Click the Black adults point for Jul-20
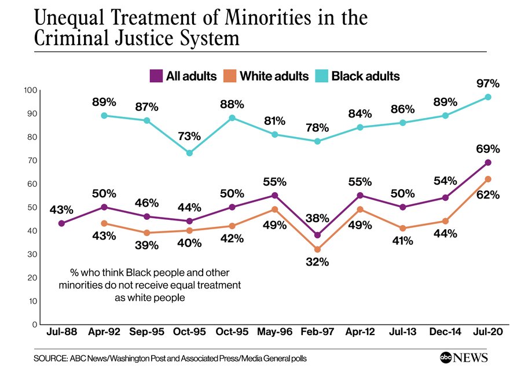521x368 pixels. click(x=488, y=97)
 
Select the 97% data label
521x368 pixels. click(x=488, y=83)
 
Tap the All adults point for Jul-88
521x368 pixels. click(x=62, y=223)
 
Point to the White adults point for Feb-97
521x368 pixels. click(x=317, y=249)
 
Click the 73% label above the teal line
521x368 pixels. click(x=189, y=137)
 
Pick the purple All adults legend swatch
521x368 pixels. click(x=156, y=76)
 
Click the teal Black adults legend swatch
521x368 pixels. click(x=321, y=76)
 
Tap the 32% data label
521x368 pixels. click(x=317, y=262)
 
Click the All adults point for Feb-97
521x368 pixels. click(x=317, y=235)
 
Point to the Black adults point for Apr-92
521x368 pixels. click(x=104, y=116)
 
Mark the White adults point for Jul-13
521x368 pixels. click(x=403, y=229)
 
